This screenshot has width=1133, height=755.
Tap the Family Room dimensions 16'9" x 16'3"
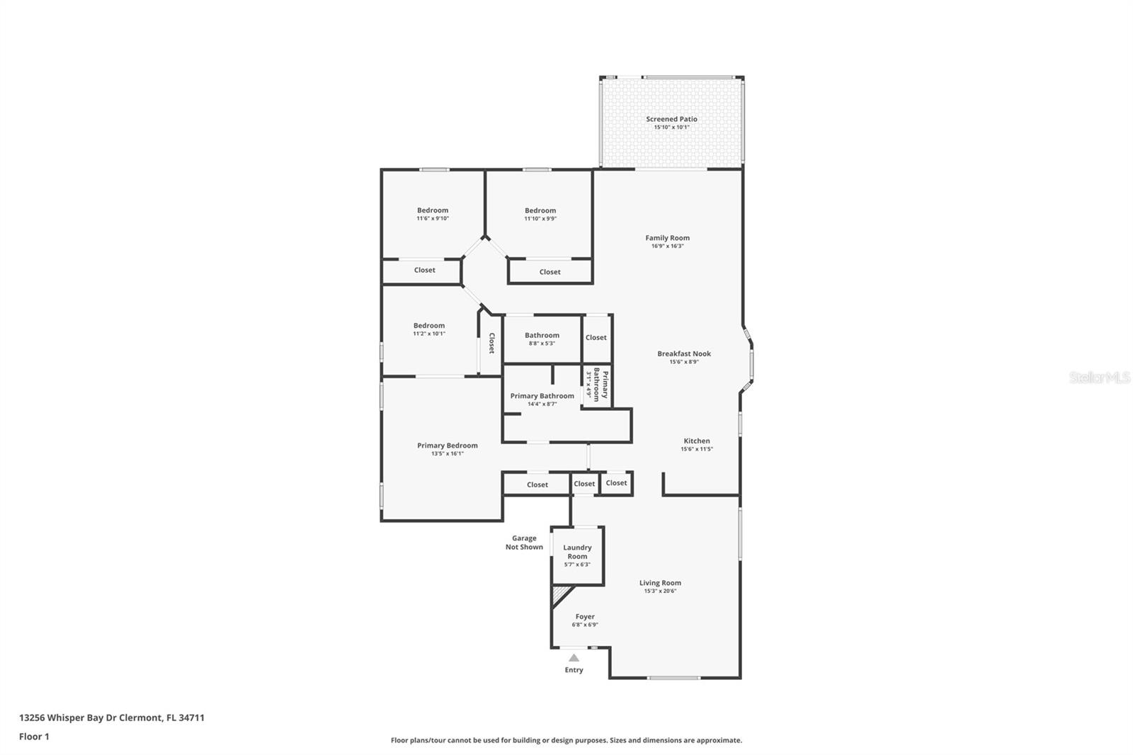coord(667,246)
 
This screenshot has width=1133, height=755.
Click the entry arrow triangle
coord(574,658)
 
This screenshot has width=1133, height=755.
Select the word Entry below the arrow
coord(574,670)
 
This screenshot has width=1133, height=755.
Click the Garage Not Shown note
coord(524,543)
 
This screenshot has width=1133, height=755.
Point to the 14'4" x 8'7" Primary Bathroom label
coord(542,399)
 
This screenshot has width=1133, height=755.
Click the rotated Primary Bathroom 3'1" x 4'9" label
coord(597,385)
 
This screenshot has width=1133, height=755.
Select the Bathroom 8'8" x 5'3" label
coord(542,339)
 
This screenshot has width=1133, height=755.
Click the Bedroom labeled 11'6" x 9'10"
coord(433,214)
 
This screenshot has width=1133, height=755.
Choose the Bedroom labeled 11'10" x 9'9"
coord(540,214)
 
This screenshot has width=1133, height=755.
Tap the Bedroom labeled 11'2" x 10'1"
coord(429,329)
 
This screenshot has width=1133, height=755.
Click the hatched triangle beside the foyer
coord(559,594)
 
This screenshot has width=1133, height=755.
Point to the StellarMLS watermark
coord(1100,377)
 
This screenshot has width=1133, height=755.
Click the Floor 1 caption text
coord(35,737)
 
